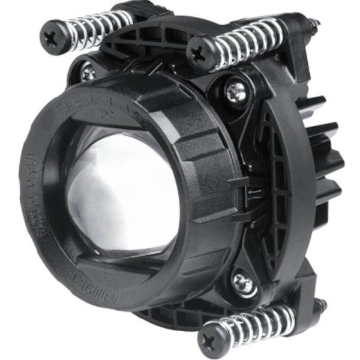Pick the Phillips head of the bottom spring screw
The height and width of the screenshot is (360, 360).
coord(214,334)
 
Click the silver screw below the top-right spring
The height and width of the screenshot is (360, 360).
coord(235,91)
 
